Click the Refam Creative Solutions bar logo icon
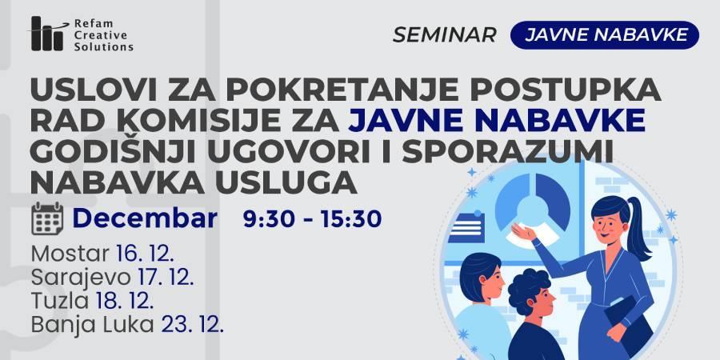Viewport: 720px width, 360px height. tap(47, 34)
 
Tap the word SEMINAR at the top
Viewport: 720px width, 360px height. tap(445, 35)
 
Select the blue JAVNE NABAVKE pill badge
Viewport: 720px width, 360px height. tap(604, 35)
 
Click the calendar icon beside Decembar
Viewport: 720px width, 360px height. tap(47, 218)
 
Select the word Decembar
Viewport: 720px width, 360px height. tap(145, 218)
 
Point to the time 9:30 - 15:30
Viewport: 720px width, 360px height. tap(312, 219)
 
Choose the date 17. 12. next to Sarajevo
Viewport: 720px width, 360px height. tap(166, 278)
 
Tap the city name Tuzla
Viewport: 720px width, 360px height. tap(60, 302)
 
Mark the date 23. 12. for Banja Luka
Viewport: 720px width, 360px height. tap(192, 325)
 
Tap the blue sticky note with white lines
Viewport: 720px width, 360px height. tap(466, 227)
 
